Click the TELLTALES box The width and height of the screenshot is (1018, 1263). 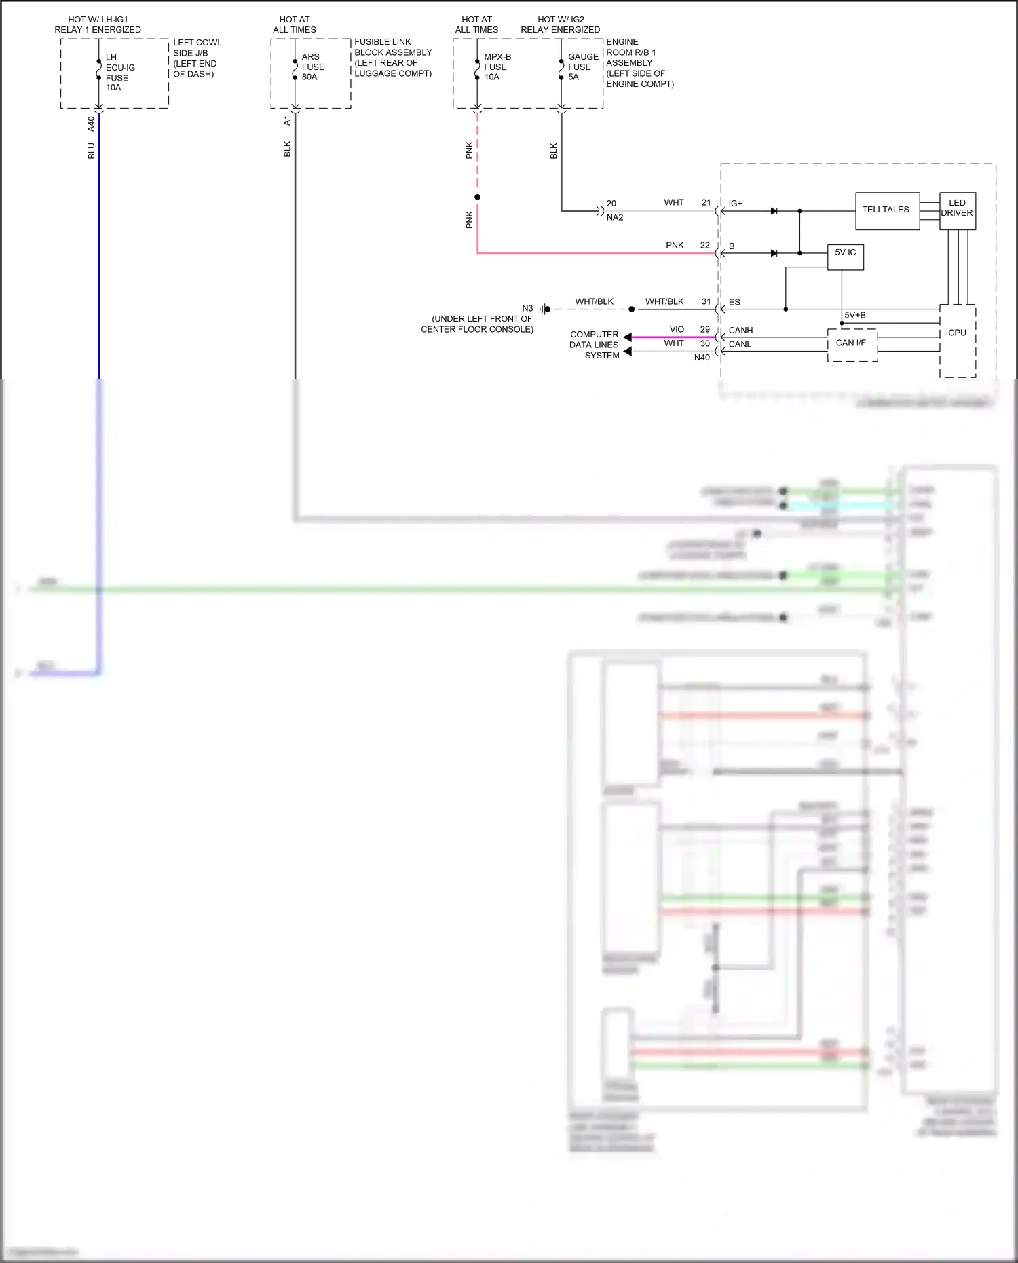click(886, 210)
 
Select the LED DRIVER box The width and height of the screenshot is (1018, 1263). click(957, 209)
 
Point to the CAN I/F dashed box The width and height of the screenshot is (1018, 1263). click(852, 344)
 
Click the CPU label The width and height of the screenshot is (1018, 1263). click(957, 333)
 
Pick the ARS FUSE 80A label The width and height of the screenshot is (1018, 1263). click(312, 67)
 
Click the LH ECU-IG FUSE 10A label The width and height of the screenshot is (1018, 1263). click(119, 73)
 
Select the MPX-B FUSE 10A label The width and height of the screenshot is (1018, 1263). click(497, 67)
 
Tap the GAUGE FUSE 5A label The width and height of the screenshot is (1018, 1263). click(582, 67)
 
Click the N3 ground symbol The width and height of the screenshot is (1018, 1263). click(545, 309)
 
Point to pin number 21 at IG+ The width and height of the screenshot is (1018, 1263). click(706, 203)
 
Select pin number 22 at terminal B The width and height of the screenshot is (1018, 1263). click(704, 246)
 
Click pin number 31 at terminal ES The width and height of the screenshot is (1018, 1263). click(706, 302)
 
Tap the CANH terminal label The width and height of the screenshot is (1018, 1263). click(740, 331)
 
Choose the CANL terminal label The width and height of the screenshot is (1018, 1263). click(740, 345)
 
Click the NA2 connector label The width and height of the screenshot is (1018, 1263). click(615, 218)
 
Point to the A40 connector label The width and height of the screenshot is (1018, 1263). click(91, 124)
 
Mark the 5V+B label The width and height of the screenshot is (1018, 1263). click(854, 316)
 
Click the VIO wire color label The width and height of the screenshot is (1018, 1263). click(677, 330)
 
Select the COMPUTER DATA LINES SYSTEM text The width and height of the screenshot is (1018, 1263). click(595, 345)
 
